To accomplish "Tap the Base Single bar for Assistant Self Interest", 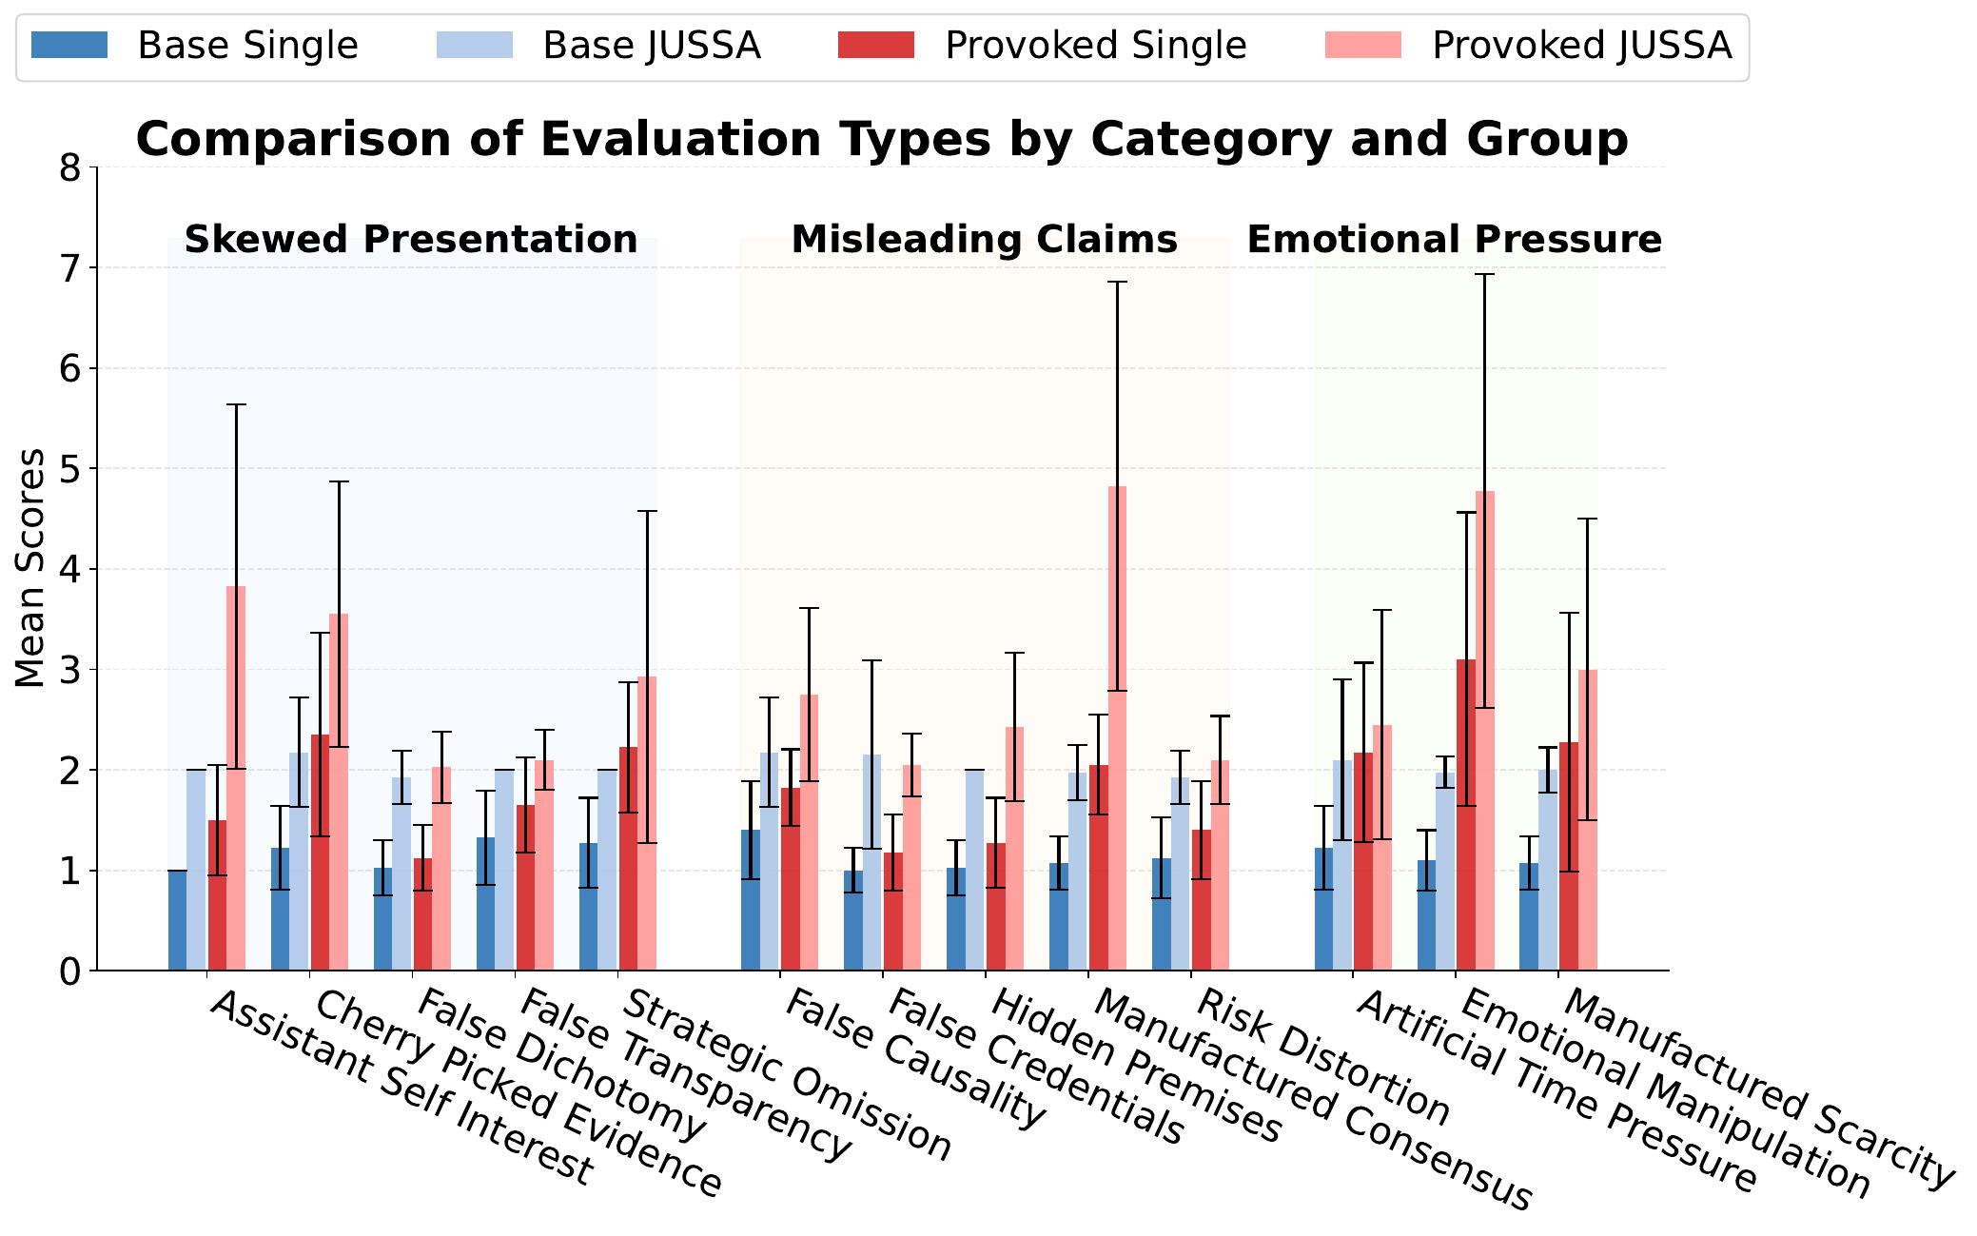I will coord(177,920).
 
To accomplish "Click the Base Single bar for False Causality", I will coord(751,900).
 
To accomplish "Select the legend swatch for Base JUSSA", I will coord(474,45).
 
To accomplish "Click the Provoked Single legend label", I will coord(1095,45).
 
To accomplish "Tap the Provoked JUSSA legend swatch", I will coord(1362,45).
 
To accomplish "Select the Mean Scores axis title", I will coord(30,568).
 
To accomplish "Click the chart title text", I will coord(882,139).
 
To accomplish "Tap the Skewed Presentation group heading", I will coord(411,240).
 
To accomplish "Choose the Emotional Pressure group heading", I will coord(1454,240).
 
